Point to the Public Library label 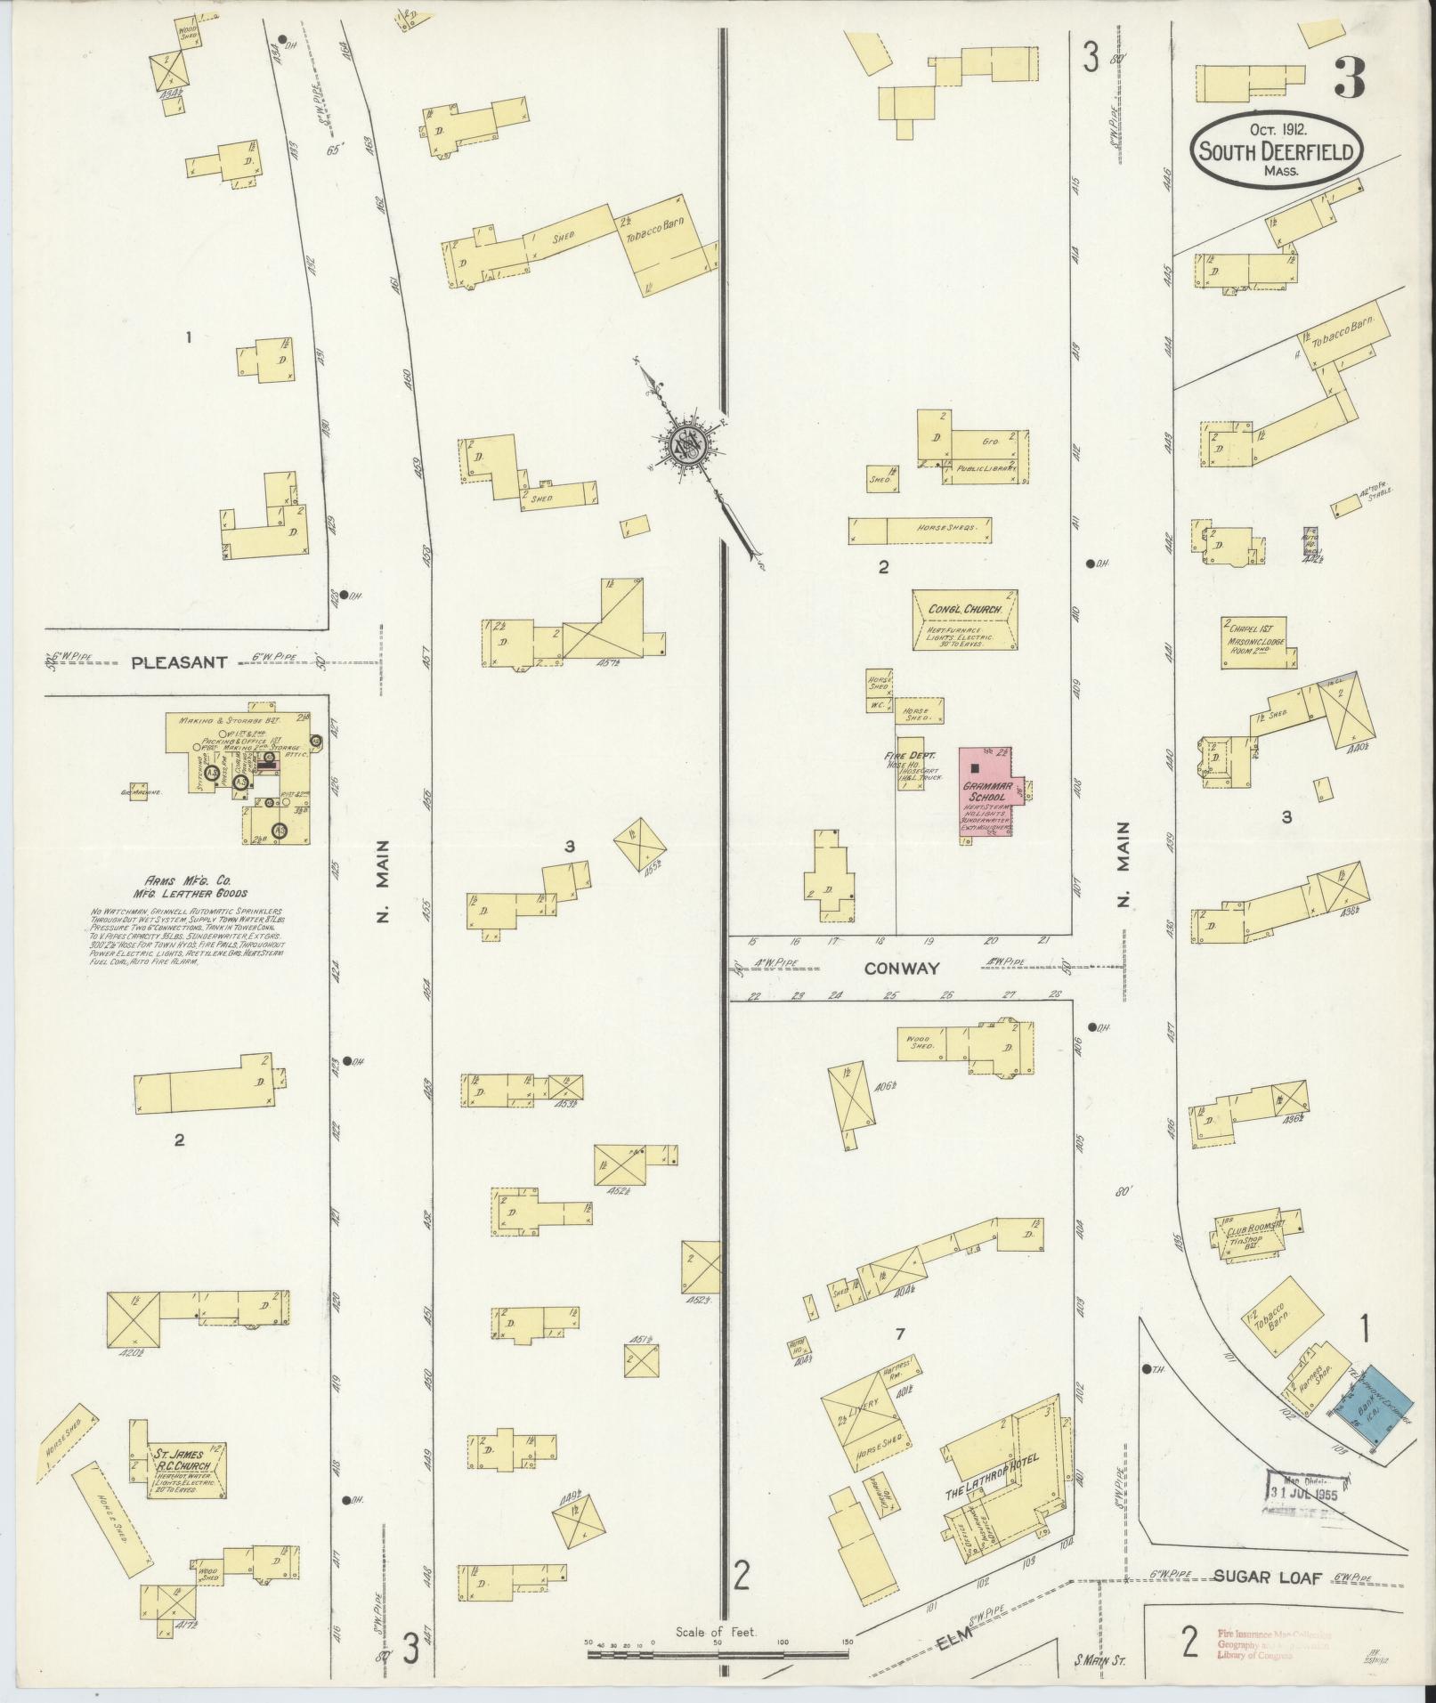point(986,466)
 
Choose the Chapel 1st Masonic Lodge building point(1258,643)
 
